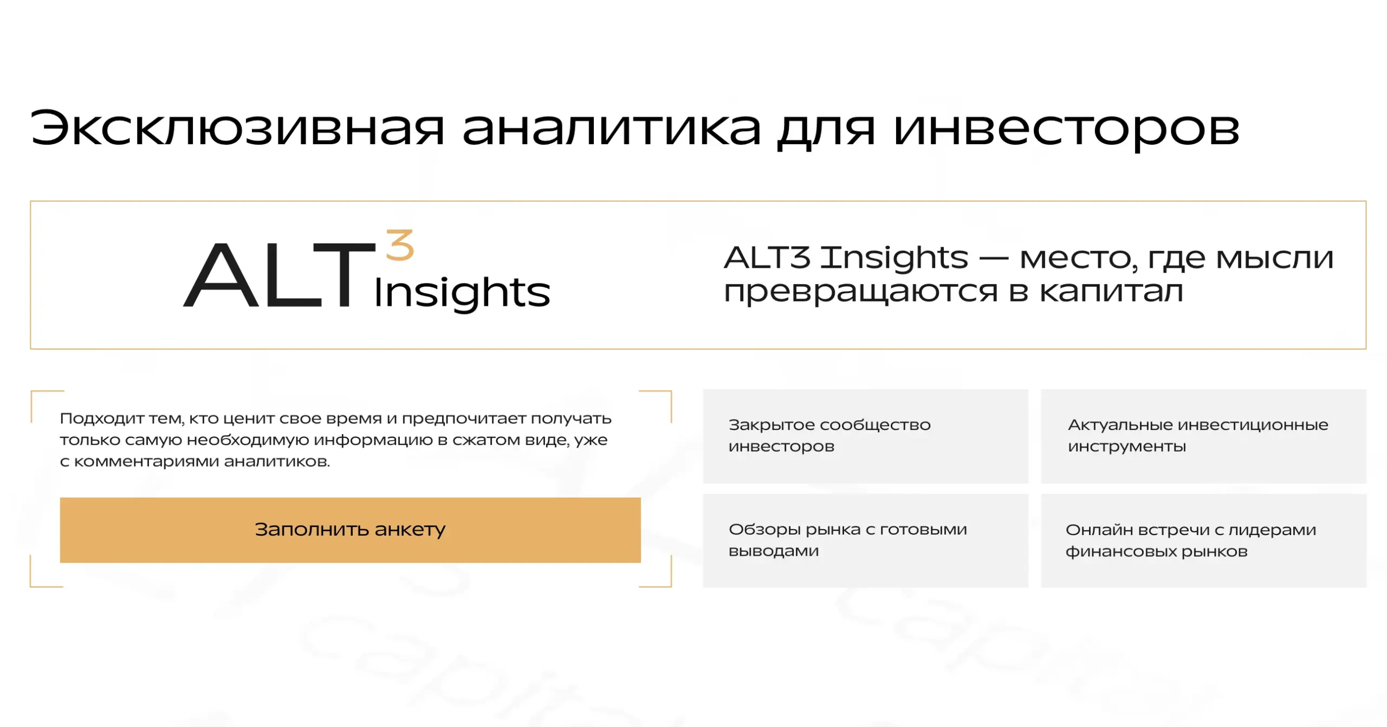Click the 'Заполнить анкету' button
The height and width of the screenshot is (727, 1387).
(350, 530)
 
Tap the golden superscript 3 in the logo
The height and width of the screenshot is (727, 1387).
(400, 246)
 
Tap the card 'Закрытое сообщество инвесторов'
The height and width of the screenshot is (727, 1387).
(865, 436)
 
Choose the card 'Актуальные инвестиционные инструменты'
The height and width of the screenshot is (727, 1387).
(1203, 436)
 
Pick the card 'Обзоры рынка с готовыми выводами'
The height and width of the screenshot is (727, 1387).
(865, 541)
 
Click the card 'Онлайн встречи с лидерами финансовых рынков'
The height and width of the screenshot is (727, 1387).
(1203, 541)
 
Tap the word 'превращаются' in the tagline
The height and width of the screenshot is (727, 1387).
(860, 293)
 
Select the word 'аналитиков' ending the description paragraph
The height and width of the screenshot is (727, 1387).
(276, 461)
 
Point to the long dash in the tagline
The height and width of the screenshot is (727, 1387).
(994, 259)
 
